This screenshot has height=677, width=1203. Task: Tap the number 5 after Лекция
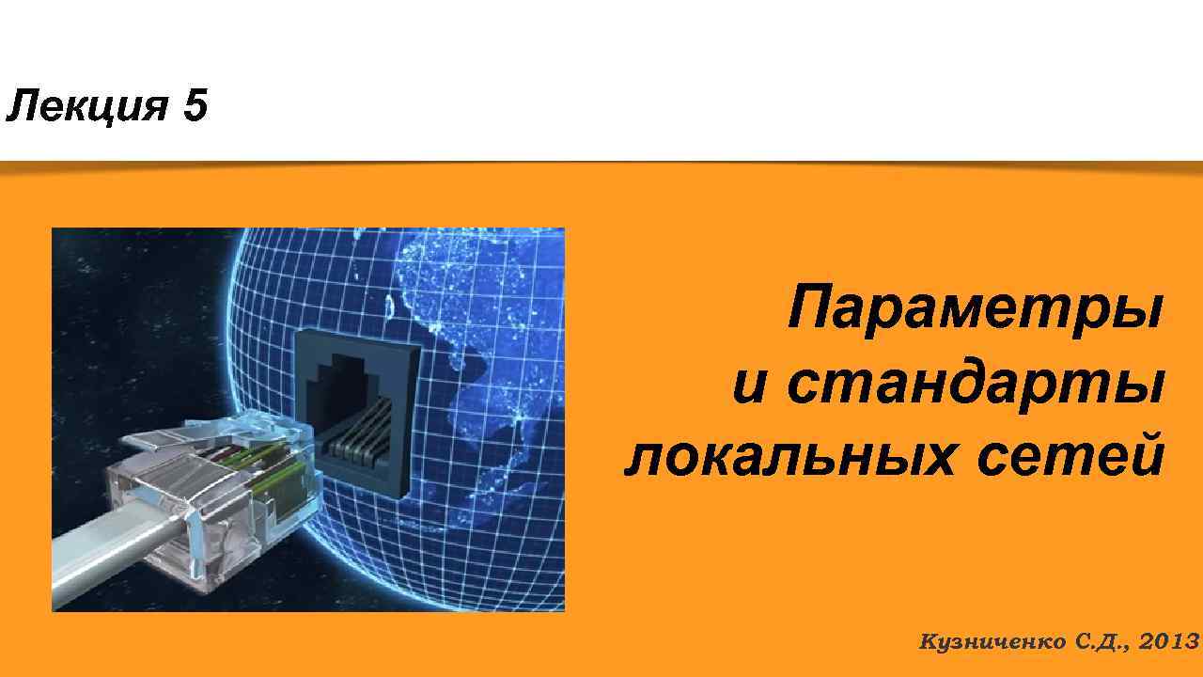click(195, 107)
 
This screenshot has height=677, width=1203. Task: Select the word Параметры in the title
click(975, 309)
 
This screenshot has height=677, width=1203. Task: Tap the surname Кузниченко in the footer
click(992, 642)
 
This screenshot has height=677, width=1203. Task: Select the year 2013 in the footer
click(1168, 642)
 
